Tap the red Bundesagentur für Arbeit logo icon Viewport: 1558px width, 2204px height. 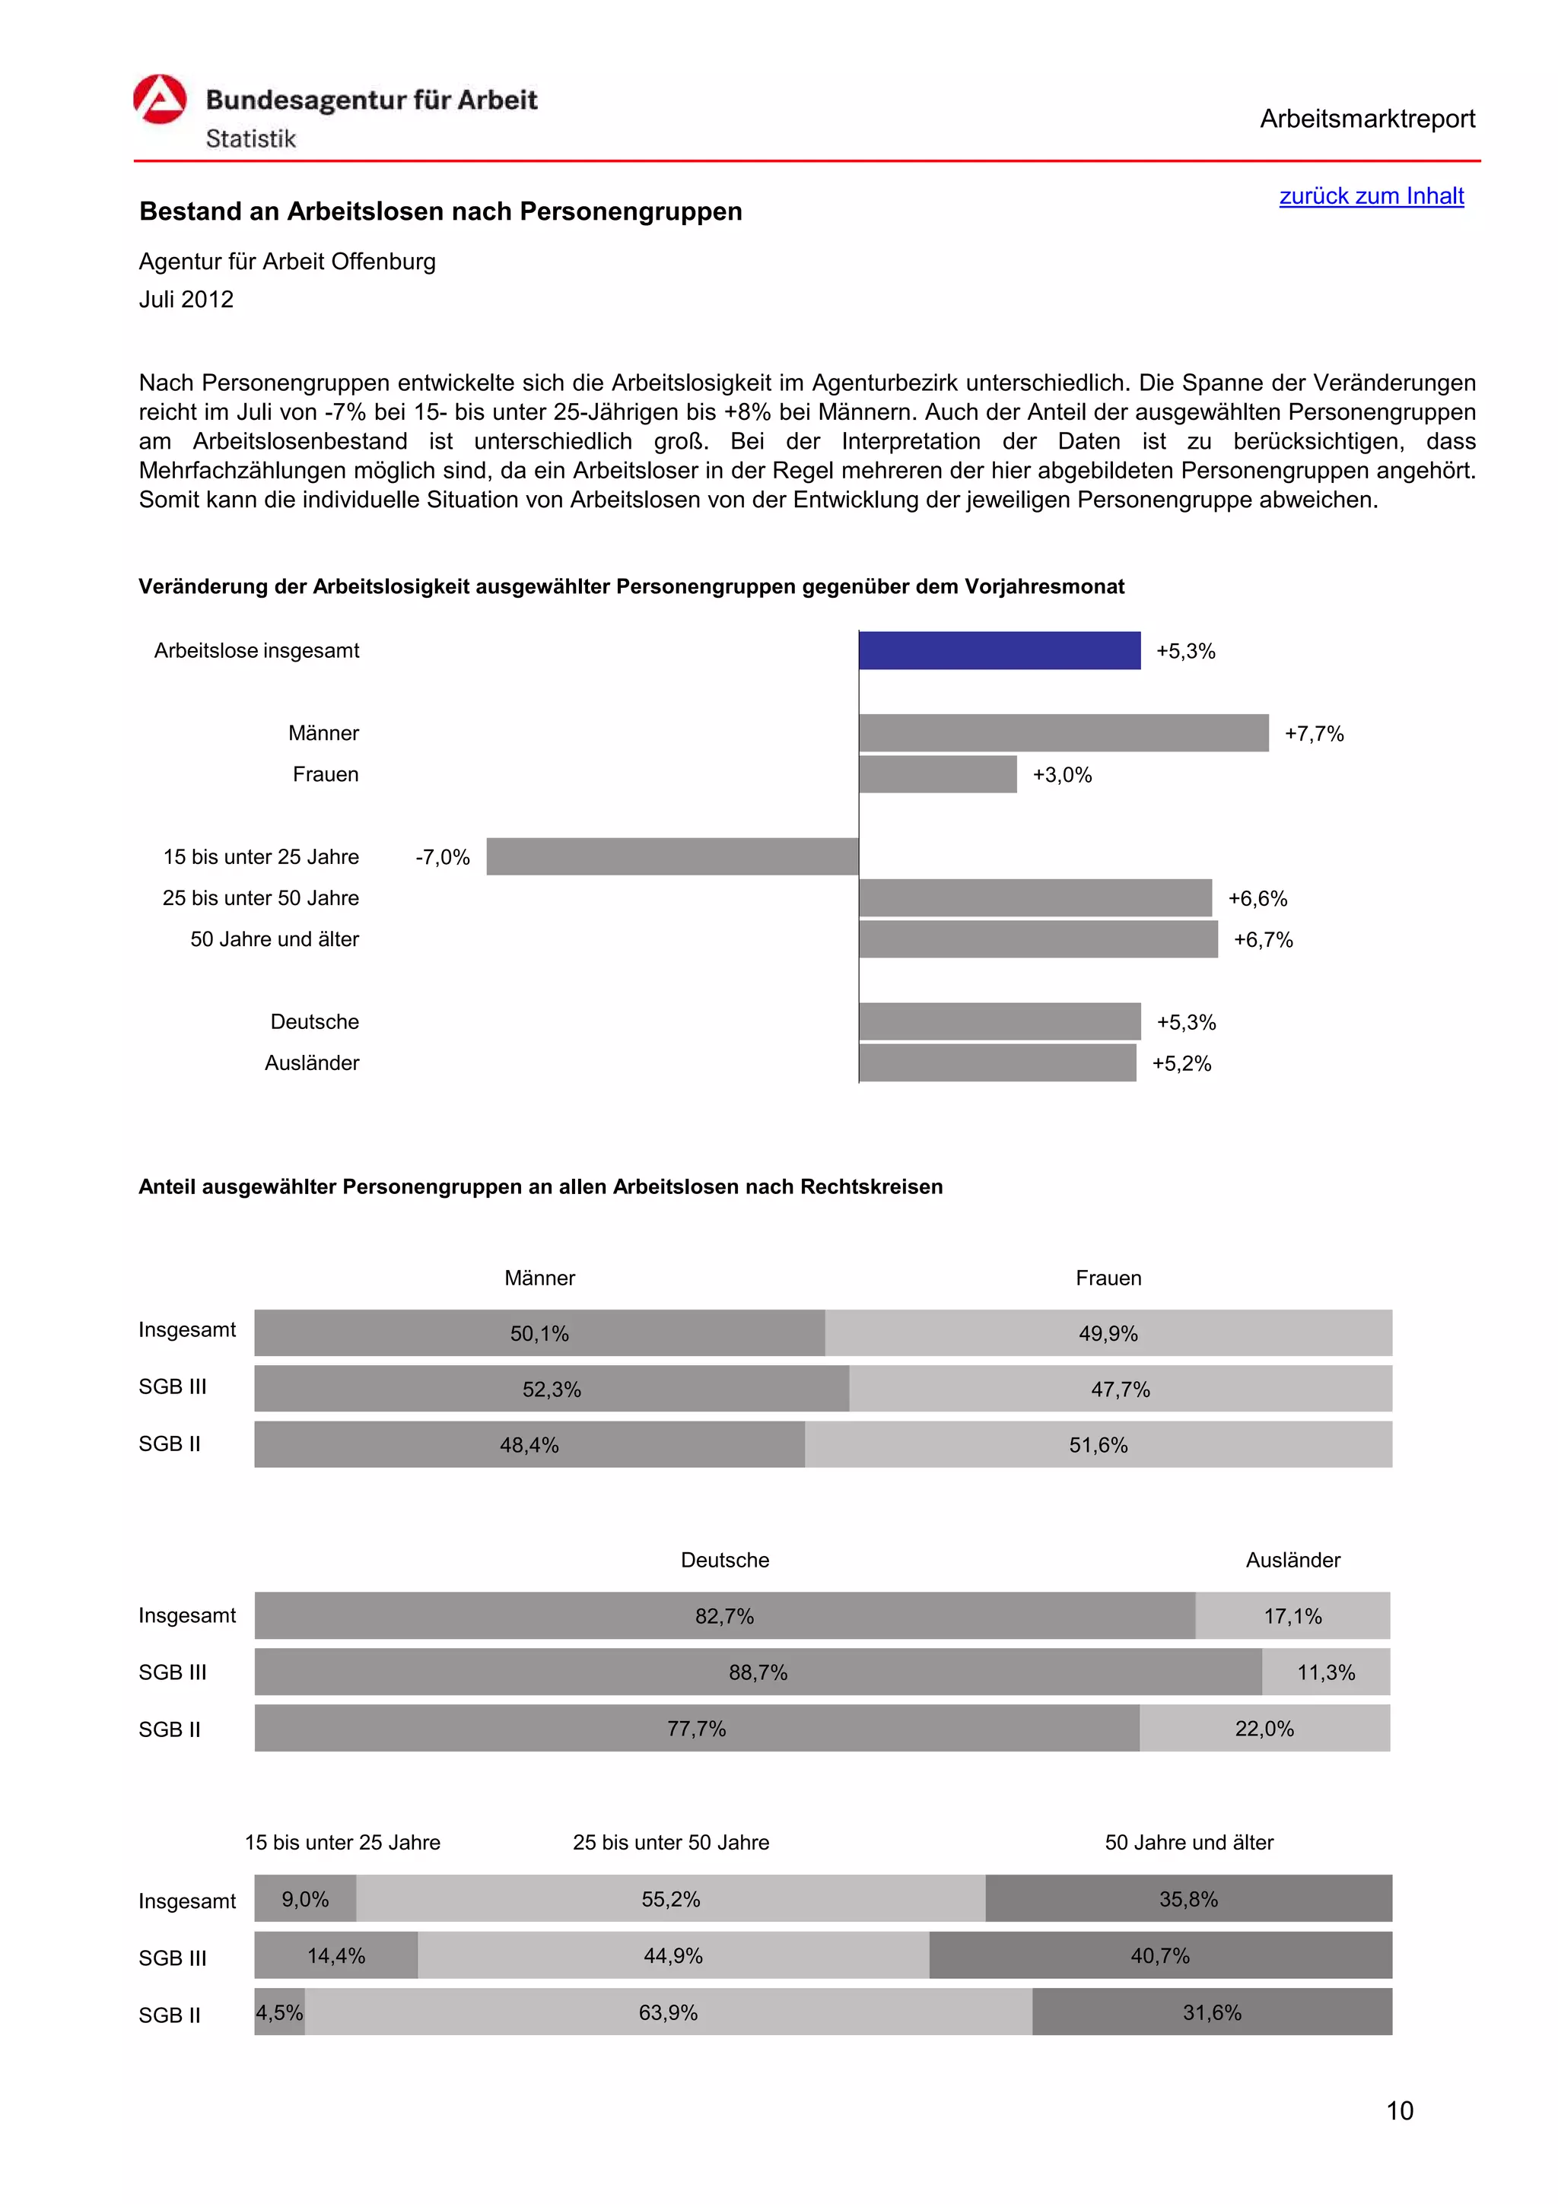point(159,100)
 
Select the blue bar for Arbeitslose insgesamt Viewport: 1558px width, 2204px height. point(1000,651)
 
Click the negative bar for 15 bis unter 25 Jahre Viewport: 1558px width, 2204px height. point(672,856)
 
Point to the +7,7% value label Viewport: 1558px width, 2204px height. point(1314,735)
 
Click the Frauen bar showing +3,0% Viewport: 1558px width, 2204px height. point(938,775)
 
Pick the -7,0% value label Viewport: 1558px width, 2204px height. point(443,857)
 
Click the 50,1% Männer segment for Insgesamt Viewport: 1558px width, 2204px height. point(539,1333)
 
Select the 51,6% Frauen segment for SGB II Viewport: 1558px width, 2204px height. point(1099,1445)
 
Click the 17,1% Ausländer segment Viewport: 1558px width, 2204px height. point(1292,1617)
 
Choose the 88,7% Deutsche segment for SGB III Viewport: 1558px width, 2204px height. point(758,1672)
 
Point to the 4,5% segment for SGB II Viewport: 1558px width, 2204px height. point(279,2012)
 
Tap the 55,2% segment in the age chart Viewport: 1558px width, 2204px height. point(670,1899)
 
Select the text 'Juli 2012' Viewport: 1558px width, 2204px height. point(186,300)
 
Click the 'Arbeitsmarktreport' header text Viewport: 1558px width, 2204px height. point(1367,119)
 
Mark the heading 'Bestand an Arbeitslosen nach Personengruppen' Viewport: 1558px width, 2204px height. point(440,211)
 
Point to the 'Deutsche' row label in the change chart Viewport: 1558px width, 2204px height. point(315,1021)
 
